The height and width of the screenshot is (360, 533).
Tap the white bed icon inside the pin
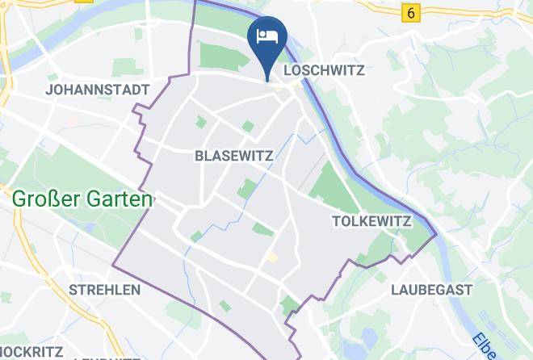(266, 36)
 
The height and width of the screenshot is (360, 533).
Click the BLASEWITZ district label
(234, 156)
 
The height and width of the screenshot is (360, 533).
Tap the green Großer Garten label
(82, 199)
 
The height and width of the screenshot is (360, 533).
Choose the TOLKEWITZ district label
(372, 221)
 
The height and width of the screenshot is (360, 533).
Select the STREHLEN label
(105, 289)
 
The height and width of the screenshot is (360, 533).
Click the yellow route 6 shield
(412, 13)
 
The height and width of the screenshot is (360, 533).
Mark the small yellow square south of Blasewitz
(272, 257)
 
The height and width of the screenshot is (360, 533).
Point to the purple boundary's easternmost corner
(436, 235)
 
